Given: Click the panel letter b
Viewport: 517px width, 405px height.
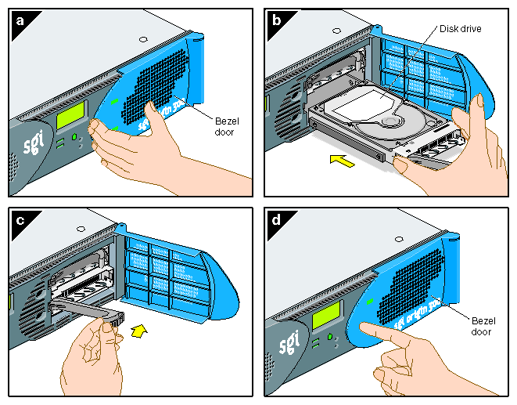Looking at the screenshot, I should coord(275,20).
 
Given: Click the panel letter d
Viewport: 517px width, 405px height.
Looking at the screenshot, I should coord(275,220).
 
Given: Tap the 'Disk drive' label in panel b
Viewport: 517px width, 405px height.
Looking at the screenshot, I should coord(460,29).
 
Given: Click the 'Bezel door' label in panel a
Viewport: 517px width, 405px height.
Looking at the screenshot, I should coord(227,125).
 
